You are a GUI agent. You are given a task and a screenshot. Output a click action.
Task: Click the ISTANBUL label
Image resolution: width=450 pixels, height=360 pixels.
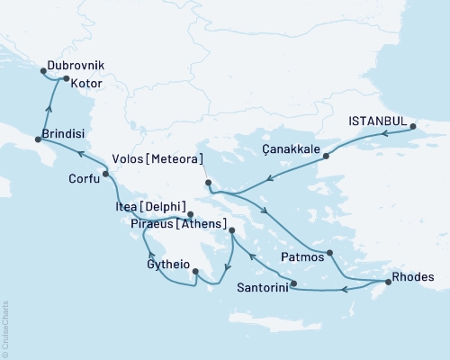(x=377, y=117)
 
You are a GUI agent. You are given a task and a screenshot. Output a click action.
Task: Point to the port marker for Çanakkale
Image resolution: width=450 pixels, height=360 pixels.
(x=326, y=156)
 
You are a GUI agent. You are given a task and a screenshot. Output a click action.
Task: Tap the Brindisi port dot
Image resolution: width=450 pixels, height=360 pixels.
(x=37, y=139)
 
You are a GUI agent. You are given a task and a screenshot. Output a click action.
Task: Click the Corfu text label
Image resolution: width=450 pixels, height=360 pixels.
(x=84, y=178)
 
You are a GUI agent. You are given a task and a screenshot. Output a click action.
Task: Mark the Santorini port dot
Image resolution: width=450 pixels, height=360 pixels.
(x=293, y=283)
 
